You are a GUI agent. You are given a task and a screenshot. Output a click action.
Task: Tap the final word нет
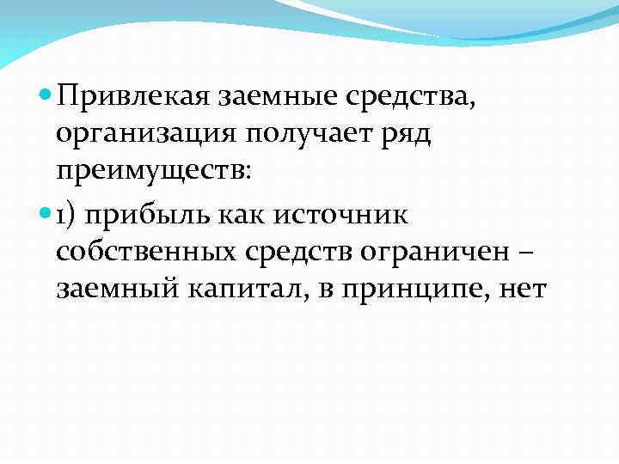[x=521, y=290]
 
